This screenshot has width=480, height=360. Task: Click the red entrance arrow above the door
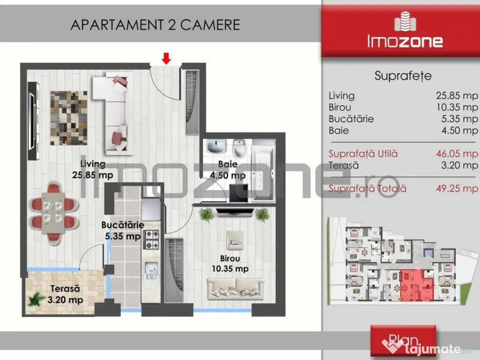tap(166, 59)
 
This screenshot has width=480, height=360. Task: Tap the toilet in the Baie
tap(238, 148)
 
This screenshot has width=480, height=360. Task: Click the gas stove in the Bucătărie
tap(151, 240)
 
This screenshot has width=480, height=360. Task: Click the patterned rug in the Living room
tap(69, 118)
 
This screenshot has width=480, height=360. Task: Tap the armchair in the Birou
tap(235, 240)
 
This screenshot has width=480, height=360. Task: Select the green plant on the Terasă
tap(37, 299)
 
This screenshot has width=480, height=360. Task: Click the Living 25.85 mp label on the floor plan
tap(93, 169)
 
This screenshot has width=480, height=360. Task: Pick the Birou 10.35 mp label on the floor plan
tap(230, 263)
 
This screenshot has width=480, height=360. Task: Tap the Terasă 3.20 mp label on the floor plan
tap(65, 294)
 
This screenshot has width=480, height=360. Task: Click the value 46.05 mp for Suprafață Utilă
tap(457, 153)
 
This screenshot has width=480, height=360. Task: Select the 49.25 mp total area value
tap(457, 188)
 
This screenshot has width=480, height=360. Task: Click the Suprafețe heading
tap(403, 76)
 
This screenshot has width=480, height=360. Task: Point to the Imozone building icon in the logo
tap(405, 22)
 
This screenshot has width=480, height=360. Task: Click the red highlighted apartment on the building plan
tap(416, 286)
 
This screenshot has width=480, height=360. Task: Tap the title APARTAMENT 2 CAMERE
tap(155, 25)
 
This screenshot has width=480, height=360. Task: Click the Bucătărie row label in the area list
tap(351, 119)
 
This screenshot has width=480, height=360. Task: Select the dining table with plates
tap(53, 213)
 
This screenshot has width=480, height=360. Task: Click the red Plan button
tap(403, 341)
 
